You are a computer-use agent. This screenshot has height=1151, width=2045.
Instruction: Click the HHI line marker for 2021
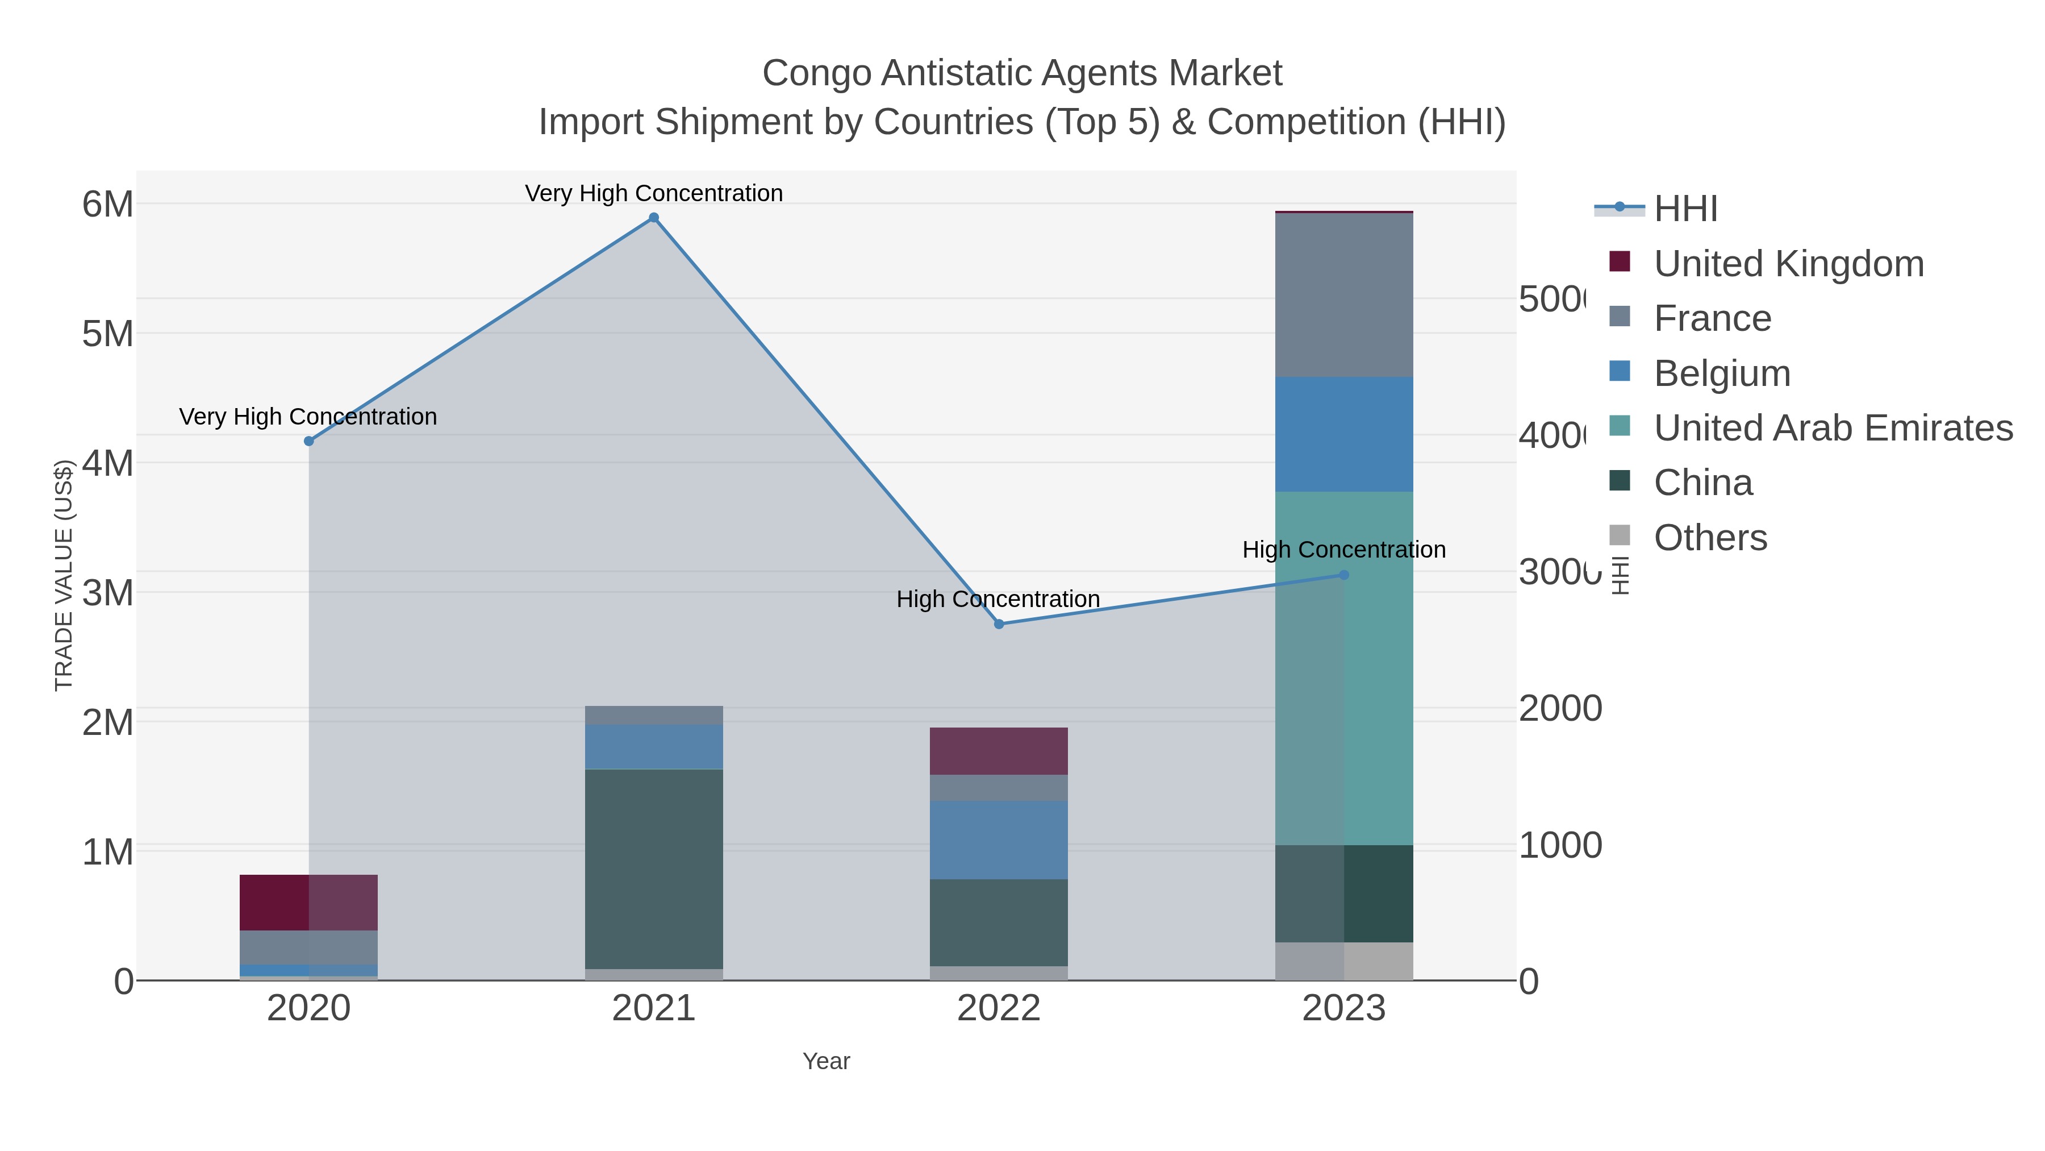tap(653, 218)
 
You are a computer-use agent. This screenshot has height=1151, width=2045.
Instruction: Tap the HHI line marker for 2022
tap(999, 624)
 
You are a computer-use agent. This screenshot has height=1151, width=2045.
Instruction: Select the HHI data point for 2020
tap(309, 441)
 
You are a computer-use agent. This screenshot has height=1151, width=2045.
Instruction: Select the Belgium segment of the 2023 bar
tap(1343, 434)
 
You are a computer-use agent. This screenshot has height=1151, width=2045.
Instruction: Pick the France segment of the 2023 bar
tap(1343, 294)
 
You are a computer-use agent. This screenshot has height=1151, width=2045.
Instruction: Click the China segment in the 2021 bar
tap(653, 868)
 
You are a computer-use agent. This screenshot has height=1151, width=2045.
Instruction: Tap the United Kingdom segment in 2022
tap(999, 751)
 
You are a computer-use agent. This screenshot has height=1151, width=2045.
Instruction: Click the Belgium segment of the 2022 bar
tap(999, 840)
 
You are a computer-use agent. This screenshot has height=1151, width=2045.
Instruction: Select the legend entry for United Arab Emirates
tap(1832, 427)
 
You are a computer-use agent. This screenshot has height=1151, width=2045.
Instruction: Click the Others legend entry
tap(1710, 538)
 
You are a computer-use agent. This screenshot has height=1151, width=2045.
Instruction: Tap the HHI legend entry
tap(1685, 208)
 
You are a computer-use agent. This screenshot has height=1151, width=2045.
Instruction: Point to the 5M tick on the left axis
tap(107, 334)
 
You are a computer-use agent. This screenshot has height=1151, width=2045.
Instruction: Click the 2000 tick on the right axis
tap(1559, 709)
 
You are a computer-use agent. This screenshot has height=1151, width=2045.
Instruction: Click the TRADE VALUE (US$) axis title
tap(64, 575)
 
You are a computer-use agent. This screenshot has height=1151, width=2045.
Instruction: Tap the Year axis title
tap(825, 1061)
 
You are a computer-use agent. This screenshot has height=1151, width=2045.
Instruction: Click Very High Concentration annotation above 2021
tap(653, 193)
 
